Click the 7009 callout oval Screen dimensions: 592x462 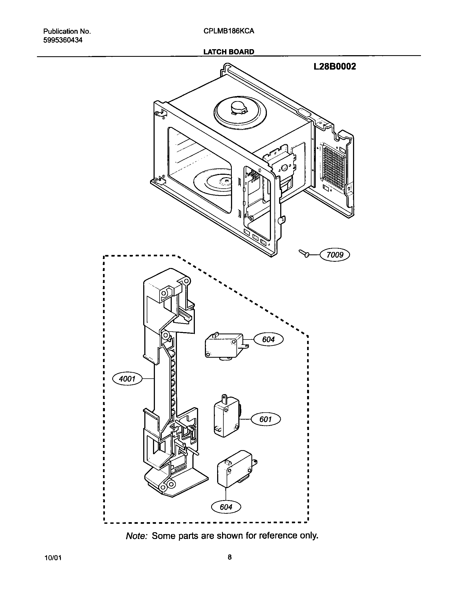(335, 255)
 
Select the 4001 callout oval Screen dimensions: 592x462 (127, 379)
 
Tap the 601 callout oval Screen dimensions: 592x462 (266, 419)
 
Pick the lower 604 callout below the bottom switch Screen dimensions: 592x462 (226, 507)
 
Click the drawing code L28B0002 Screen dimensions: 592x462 (335, 67)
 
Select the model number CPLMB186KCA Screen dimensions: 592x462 (229, 31)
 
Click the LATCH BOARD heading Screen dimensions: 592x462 (229, 52)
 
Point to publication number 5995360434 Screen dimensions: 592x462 (63, 40)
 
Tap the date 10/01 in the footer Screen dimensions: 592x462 (52, 558)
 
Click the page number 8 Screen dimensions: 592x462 (230, 557)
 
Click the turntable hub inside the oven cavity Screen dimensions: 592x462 (225, 180)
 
